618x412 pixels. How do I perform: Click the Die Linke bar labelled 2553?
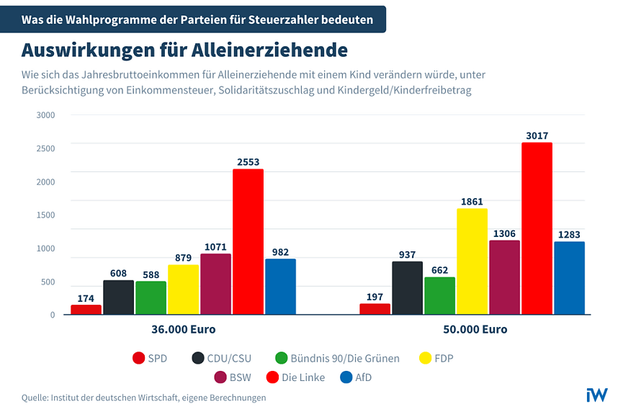point(248,241)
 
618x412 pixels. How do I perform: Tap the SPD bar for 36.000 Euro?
point(86,309)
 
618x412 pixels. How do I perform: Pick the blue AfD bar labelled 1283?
point(569,277)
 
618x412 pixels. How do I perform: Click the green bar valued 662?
point(439,295)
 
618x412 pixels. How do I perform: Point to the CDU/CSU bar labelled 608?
point(118,297)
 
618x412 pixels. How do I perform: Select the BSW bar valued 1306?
point(504,277)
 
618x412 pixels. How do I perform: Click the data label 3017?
point(537,135)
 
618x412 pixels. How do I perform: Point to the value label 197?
point(375,296)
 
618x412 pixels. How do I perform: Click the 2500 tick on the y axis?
point(45,148)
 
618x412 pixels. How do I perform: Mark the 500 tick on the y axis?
point(48,282)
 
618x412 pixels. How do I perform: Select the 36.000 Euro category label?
point(183,329)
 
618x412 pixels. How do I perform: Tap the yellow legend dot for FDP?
point(426,358)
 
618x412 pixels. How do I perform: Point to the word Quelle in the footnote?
point(35,398)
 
